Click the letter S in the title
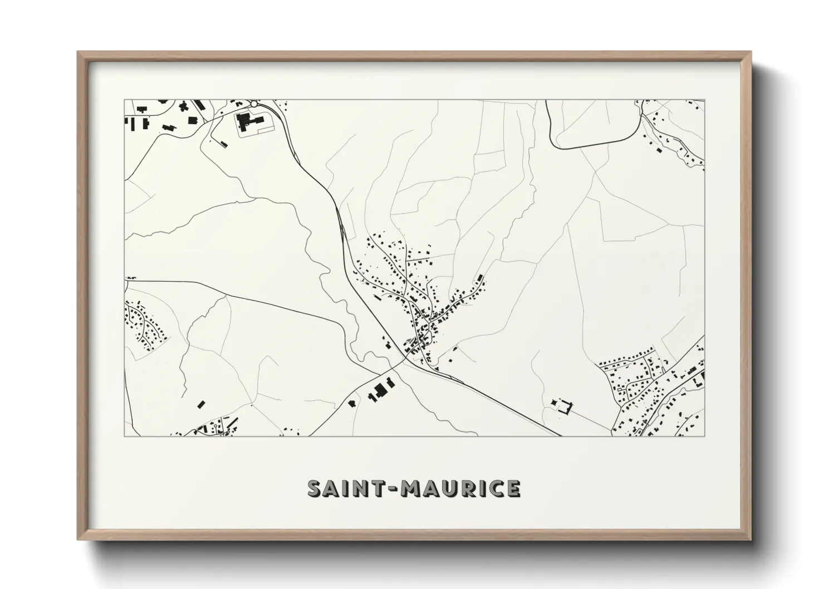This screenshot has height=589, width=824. (316, 489)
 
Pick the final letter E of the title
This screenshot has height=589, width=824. (513, 489)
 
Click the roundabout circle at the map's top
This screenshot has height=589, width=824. (254, 104)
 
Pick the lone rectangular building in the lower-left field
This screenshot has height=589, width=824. (201, 403)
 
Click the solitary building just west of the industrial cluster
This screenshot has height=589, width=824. (351, 403)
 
